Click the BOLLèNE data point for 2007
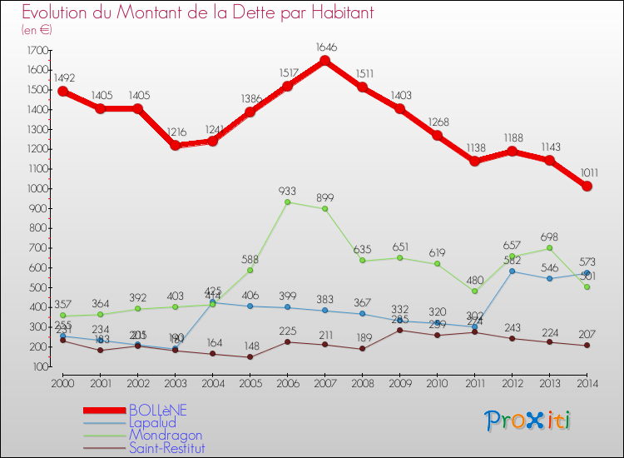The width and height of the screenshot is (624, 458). [324, 61]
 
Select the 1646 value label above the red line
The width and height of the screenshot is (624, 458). [324, 47]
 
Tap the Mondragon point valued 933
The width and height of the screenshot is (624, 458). [287, 202]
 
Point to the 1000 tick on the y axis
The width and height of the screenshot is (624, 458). [37, 189]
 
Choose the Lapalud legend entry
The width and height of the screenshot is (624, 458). [152, 422]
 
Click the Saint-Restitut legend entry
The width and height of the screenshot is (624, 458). [166, 448]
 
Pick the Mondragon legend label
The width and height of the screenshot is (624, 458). [165, 435]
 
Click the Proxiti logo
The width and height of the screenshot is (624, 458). [528, 421]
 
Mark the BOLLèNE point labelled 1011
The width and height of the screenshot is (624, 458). [587, 186]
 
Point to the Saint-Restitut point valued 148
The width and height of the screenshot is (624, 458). [250, 357]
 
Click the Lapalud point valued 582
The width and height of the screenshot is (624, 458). [512, 271]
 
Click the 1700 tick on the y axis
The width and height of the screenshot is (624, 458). [37, 51]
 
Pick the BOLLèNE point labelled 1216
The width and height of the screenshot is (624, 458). [175, 145]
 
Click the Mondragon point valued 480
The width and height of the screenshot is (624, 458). [474, 291]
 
